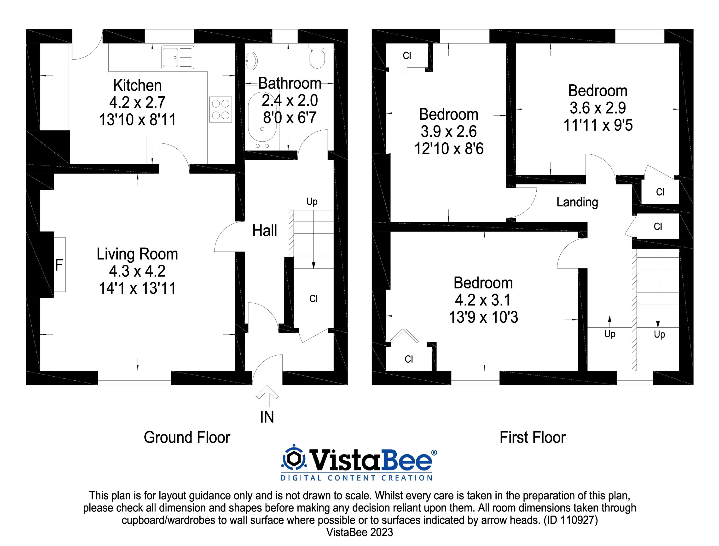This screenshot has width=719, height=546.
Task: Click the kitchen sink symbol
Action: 178,57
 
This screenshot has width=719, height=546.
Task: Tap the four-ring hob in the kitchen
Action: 220,110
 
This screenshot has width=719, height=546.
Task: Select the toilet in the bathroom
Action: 317,57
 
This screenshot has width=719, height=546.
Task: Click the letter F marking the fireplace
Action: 59,265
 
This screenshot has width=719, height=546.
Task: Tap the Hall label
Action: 265,231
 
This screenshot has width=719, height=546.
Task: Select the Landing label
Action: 577,202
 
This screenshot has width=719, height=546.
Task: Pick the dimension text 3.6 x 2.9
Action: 597,108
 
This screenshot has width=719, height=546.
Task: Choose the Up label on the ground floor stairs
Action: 312,202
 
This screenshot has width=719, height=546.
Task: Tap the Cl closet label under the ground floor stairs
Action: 313,299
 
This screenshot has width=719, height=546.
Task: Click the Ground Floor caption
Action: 187,437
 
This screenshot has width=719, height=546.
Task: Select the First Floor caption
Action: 533,437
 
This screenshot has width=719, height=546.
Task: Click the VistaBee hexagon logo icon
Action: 294,459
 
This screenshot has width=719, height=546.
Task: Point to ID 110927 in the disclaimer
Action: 570,520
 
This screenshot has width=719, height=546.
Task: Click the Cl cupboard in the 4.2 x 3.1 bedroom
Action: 409,359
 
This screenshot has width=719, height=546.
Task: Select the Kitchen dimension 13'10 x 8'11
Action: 137,120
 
